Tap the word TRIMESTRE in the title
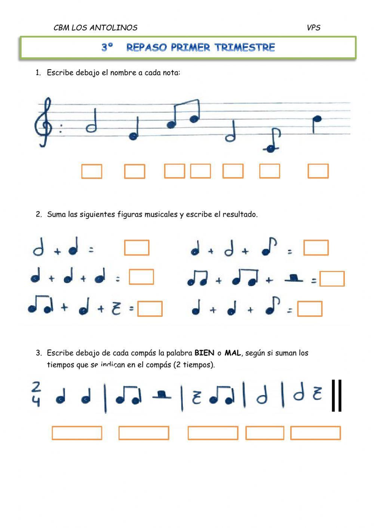(x=245, y=47)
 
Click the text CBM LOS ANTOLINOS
(x=95, y=28)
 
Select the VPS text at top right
(x=313, y=28)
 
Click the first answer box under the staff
(x=92, y=172)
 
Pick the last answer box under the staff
(x=318, y=171)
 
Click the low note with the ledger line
(x=270, y=148)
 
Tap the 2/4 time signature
(x=36, y=393)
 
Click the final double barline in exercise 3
(x=337, y=395)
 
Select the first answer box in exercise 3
(x=77, y=433)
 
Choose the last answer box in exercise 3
(x=315, y=433)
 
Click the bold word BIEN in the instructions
(x=204, y=353)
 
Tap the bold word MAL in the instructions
(x=233, y=353)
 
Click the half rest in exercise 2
(x=294, y=278)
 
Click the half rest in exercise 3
(x=162, y=395)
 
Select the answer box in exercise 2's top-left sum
(x=137, y=248)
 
